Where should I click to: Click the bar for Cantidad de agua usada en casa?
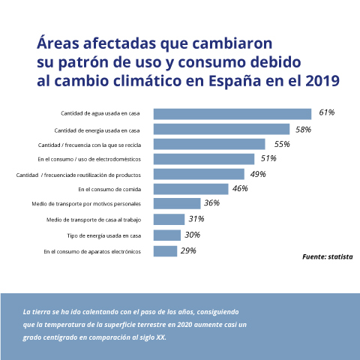232,114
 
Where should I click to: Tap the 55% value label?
282,144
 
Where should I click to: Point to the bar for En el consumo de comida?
190,189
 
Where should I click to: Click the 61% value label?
326,112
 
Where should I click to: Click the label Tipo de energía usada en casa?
99,235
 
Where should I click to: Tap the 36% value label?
211,203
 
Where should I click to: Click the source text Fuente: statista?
327,256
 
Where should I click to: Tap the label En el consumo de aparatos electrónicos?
92,251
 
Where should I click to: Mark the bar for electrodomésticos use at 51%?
204,159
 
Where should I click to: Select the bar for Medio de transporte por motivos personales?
177,204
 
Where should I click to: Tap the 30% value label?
191,235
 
